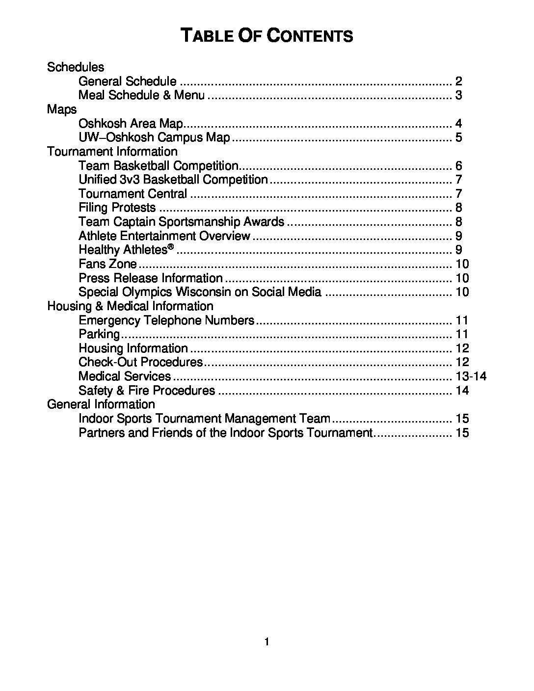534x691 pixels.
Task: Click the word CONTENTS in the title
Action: pos(311,36)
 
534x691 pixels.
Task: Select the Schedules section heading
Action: pos(76,67)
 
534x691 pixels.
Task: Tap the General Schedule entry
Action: pos(127,81)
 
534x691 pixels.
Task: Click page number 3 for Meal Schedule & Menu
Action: pos(458,95)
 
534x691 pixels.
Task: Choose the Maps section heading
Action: pos(62,109)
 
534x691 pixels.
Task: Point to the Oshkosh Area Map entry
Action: pos(131,123)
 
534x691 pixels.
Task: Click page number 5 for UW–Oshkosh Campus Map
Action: pos(458,137)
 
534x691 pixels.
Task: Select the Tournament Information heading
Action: pos(112,151)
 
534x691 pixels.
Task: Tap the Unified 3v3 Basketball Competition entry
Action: pos(173,180)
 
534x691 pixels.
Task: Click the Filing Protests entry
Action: pos(117,208)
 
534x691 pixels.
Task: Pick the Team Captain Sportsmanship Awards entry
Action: pos(181,222)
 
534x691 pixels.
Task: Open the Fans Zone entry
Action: pos(107,264)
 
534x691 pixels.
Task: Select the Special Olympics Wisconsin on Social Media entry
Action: pos(200,292)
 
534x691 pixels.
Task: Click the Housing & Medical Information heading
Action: pos(130,306)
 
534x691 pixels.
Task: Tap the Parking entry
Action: pos(99,334)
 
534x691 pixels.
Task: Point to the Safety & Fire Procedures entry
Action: pos(147,391)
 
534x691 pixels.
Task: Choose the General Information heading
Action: pos(101,404)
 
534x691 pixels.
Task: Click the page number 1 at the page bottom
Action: pos(267,642)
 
